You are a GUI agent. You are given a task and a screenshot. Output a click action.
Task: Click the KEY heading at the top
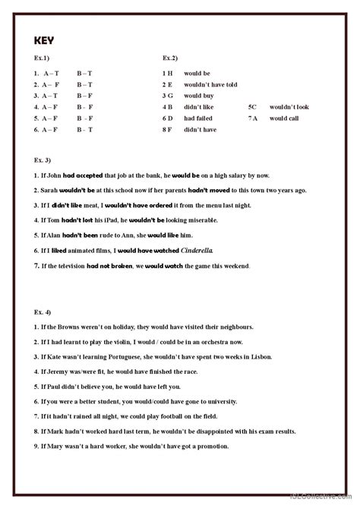(45, 43)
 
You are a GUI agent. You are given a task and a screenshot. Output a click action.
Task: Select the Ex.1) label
(43, 58)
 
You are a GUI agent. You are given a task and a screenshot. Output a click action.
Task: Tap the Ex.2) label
(170, 58)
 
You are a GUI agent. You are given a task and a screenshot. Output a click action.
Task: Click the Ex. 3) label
(44, 160)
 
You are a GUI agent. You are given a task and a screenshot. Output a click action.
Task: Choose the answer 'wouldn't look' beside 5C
(289, 107)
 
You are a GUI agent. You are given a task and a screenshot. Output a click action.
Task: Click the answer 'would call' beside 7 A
(283, 119)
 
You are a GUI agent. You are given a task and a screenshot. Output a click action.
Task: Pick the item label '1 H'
(168, 73)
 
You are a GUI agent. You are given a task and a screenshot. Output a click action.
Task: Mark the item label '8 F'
(168, 130)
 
